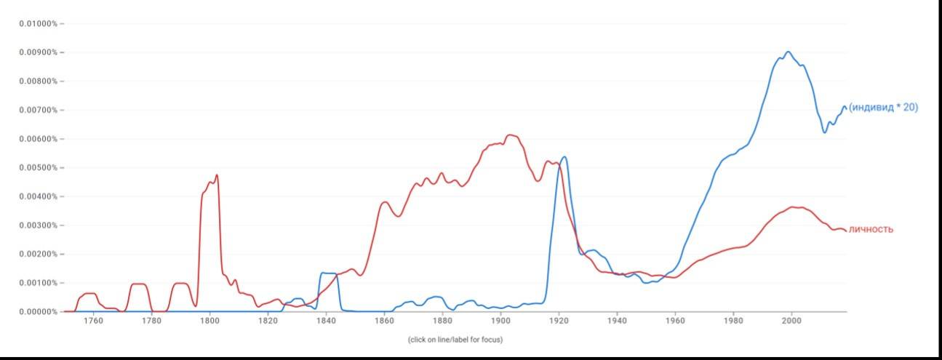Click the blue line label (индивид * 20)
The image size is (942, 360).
(x=883, y=108)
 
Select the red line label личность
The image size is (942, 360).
(x=871, y=230)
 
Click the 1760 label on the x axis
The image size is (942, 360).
(x=93, y=321)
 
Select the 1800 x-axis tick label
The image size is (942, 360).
(x=209, y=321)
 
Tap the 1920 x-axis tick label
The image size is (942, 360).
(x=559, y=321)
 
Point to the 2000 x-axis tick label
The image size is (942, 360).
(x=791, y=321)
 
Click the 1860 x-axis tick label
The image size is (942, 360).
(x=384, y=321)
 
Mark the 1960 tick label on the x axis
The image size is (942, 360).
(x=675, y=321)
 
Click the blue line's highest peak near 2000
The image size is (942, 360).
(x=788, y=52)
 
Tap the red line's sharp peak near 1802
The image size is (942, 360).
(x=217, y=175)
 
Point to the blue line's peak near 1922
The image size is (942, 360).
(x=564, y=156)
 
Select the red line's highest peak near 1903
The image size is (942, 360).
(x=510, y=135)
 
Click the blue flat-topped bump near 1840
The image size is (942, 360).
(x=328, y=273)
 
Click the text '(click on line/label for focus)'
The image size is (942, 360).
(x=455, y=340)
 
